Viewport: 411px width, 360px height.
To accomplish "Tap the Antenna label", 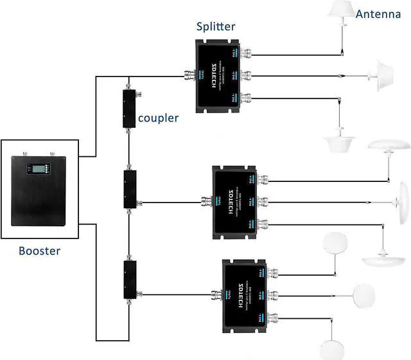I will (380, 14).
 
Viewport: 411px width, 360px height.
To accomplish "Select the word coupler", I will (157, 118).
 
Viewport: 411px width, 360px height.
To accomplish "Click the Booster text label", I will (39, 251).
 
